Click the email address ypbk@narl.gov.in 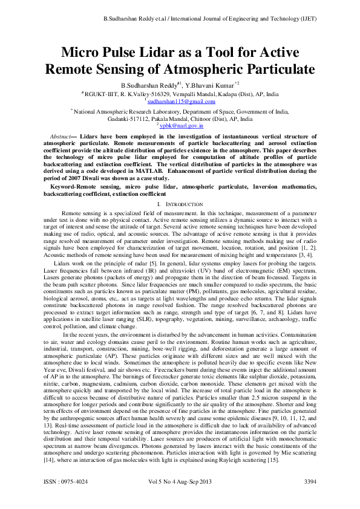click(x=182, y=126)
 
